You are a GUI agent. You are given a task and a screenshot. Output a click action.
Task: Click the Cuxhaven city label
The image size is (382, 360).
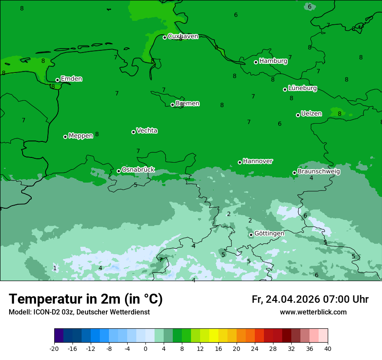[183, 36]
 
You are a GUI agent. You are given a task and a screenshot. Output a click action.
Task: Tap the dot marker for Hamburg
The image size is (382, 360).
[256, 62]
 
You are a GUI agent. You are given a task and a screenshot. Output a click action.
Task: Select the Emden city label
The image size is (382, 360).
[71, 79]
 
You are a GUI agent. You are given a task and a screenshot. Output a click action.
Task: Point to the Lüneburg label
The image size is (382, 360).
[302, 88]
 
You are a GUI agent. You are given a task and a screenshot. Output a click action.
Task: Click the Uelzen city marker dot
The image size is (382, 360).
[298, 115]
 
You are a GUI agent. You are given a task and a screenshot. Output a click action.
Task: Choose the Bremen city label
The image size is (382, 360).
[187, 104]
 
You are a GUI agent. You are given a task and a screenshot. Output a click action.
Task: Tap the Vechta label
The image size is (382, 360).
[147, 131]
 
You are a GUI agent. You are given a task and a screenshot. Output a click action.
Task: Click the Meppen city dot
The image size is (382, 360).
[66, 137]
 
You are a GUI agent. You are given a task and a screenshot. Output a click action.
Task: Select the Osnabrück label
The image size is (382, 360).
[138, 170]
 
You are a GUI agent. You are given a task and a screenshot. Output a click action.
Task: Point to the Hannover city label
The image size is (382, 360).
[258, 161]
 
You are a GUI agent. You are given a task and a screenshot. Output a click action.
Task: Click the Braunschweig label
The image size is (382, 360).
[319, 172]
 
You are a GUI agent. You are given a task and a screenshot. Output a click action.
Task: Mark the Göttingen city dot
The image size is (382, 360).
[251, 235]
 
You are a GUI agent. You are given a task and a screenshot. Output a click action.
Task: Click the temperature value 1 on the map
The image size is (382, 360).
[55, 268]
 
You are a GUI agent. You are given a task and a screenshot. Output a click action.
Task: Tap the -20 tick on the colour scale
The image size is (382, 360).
[54, 348]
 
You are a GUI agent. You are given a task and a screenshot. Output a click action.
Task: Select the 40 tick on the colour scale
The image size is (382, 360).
[328, 348]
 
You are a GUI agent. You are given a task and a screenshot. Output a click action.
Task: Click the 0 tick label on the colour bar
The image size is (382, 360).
[145, 348]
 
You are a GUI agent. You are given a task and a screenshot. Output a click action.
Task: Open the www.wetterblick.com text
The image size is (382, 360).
[313, 312]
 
